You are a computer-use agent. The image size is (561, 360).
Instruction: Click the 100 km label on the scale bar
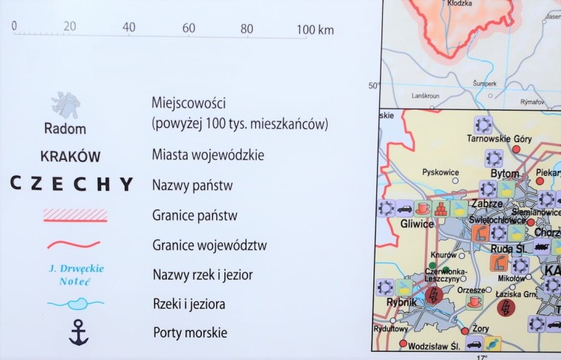pos(315,30)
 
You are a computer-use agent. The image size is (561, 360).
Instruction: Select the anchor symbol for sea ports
pos(79,332)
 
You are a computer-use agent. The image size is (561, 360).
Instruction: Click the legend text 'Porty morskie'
pos(190,332)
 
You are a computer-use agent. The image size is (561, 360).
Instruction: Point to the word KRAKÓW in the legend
pos(71,156)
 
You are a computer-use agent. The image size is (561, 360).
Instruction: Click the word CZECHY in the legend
pos(72,184)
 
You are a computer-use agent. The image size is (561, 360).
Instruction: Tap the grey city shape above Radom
pos(66,106)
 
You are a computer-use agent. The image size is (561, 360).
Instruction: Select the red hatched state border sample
pos(76,216)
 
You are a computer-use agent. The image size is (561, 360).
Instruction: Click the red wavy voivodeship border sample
pos(74,244)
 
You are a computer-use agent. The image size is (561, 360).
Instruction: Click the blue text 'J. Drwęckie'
pos(76,269)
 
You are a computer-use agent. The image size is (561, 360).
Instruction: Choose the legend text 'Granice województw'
pos(209,245)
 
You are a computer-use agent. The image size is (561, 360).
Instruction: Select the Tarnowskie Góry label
pos(499,138)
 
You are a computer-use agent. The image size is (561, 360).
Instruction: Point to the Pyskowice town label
pos(440,172)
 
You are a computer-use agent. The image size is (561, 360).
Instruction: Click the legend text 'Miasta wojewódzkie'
pos(207,156)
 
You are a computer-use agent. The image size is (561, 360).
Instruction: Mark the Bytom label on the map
pos(505,174)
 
